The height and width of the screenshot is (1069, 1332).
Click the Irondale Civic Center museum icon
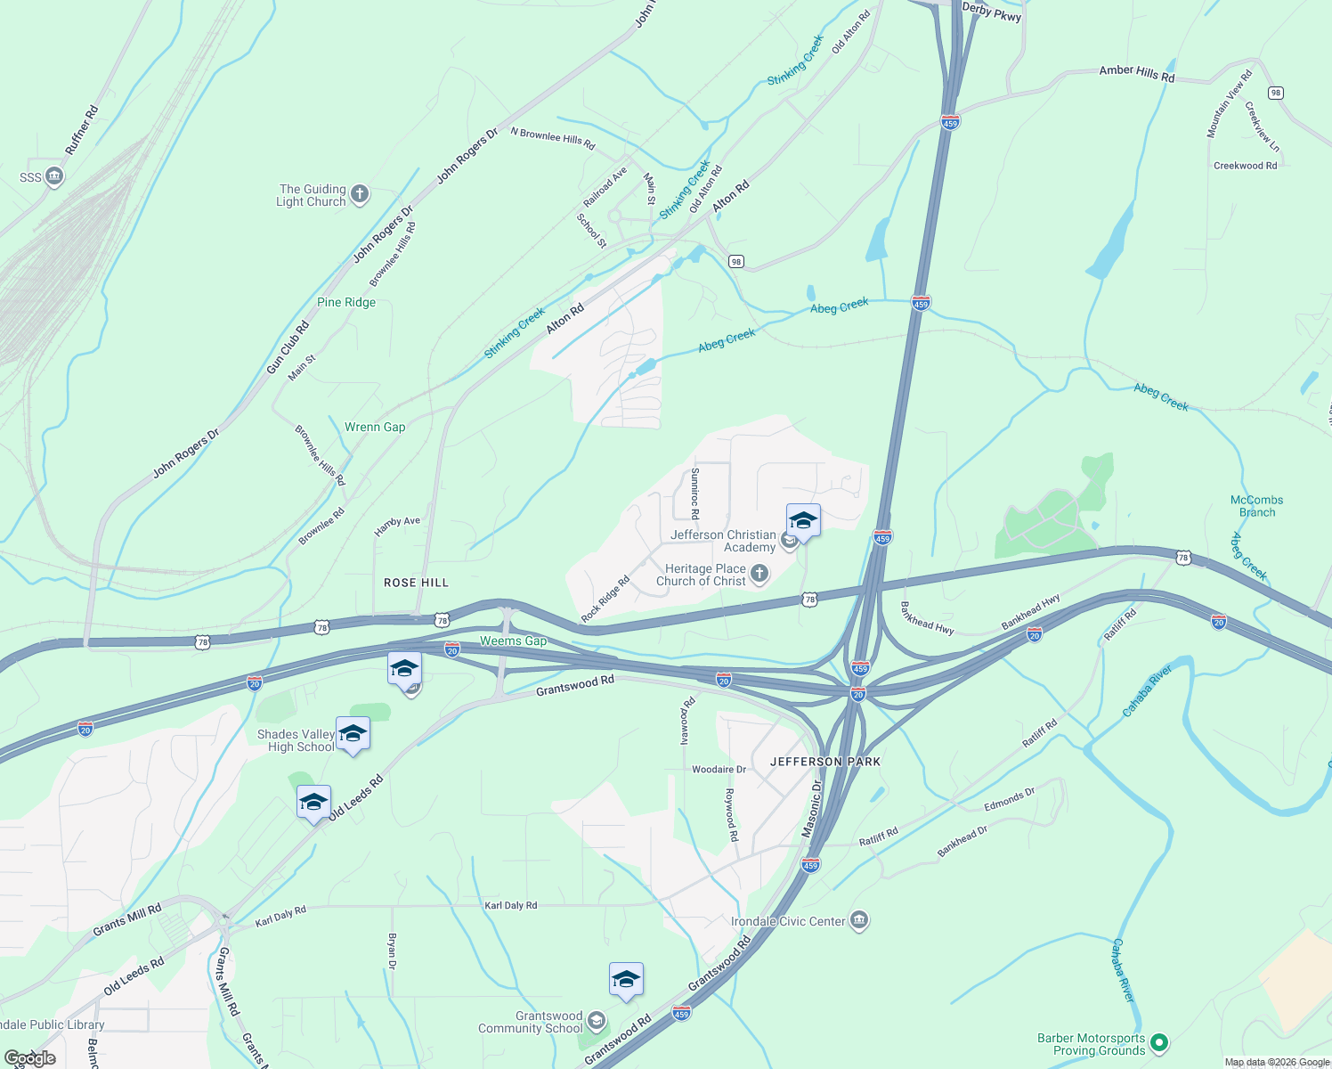pos(859,920)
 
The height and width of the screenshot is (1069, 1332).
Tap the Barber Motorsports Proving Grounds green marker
pos(1158,1041)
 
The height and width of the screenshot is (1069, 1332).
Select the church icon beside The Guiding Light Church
pos(360,194)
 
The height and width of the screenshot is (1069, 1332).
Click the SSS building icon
pos(54,176)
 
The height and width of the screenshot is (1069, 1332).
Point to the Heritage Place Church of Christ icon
pos(759,574)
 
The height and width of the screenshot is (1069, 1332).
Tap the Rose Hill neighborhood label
pos(416,583)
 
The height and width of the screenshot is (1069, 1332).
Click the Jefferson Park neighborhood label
pos(824,762)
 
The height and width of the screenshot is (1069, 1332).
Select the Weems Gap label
pos(513,641)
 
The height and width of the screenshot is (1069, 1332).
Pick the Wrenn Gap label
pos(375,427)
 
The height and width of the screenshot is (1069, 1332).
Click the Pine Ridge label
pos(346,302)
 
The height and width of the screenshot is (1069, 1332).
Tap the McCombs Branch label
pos(1256,506)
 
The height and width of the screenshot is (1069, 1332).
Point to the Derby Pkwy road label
pos(991,12)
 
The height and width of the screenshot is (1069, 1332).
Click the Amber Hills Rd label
pos(1136,73)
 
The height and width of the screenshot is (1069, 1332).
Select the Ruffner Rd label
pos(82,131)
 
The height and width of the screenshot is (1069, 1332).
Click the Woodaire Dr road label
pos(719,769)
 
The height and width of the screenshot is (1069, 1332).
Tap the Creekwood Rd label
pos(1245,166)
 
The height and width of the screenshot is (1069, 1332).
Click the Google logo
pos(30,1057)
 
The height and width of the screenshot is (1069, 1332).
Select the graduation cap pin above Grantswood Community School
pos(626,980)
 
